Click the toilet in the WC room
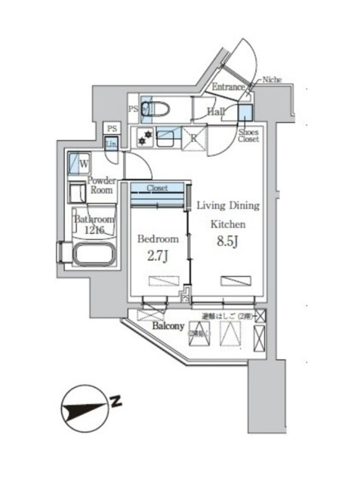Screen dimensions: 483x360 pyautogui.click(x=147, y=110)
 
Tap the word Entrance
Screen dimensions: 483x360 pyautogui.click(x=229, y=87)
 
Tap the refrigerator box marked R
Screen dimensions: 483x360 pyautogui.click(x=194, y=138)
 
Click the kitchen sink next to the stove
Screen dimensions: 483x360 pyautogui.click(x=168, y=137)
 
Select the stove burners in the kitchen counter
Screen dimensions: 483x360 pyautogui.click(x=143, y=137)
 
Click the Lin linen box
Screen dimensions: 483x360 pyautogui.click(x=112, y=143)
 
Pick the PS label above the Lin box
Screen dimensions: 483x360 pyautogui.click(x=112, y=129)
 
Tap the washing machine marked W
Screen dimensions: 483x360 pyautogui.click(x=79, y=162)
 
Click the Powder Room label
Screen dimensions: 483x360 pyautogui.click(x=100, y=185)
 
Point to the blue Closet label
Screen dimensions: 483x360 pyautogui.click(x=157, y=188)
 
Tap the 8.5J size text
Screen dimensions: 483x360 pyautogui.click(x=227, y=243)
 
